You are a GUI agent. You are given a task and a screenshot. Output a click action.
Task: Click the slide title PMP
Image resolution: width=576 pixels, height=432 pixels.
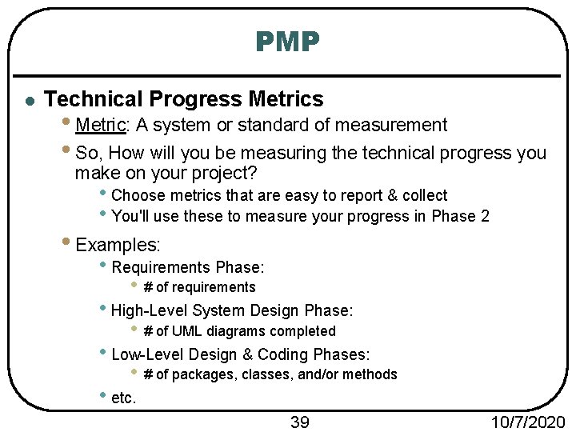point(288,41)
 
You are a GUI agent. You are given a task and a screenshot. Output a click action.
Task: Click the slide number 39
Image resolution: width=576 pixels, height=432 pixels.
point(300,422)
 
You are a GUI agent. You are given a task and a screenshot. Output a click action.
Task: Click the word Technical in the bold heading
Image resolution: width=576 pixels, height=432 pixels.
point(93,99)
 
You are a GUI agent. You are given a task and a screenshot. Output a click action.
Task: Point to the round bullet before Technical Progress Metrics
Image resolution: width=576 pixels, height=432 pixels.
point(29,101)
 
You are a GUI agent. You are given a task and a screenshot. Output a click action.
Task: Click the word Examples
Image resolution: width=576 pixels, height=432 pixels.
point(118,245)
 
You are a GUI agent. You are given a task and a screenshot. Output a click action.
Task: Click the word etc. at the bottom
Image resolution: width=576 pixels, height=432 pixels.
point(124,398)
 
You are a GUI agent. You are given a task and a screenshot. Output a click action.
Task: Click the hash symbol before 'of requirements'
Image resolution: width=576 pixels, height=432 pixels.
point(148,287)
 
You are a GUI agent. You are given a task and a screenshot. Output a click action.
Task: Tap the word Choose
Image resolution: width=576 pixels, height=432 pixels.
point(137,195)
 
